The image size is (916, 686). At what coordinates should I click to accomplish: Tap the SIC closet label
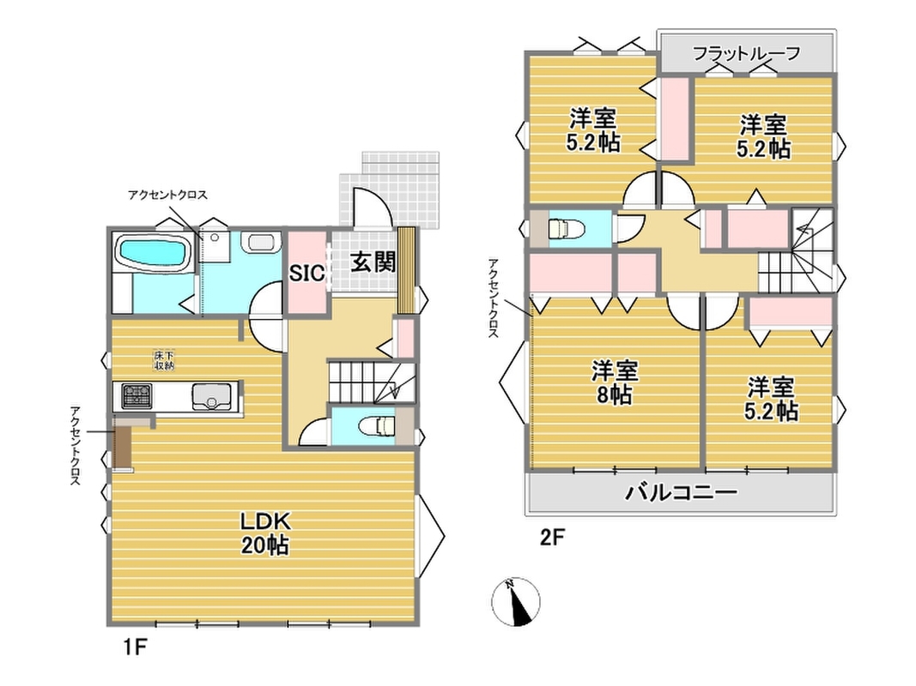[x=307, y=273]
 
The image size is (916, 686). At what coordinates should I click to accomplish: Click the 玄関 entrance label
[x=373, y=262]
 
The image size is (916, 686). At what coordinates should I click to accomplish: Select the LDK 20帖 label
[x=265, y=533]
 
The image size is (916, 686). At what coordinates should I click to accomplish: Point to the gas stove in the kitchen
[x=136, y=396]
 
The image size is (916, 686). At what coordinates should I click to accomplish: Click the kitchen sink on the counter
[x=211, y=397]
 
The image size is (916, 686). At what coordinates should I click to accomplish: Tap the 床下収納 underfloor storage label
[x=164, y=361]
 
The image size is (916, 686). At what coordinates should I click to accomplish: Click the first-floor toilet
[x=378, y=426]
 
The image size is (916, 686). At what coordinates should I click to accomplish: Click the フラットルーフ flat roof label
[x=746, y=54]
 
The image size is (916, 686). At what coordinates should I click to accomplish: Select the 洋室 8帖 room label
[x=615, y=382]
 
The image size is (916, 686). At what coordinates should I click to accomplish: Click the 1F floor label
[x=134, y=647]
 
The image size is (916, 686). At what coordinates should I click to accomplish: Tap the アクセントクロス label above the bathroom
[x=167, y=195]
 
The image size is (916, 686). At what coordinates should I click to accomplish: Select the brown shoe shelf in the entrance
[x=405, y=270]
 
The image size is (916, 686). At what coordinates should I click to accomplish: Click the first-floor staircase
[x=372, y=381]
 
